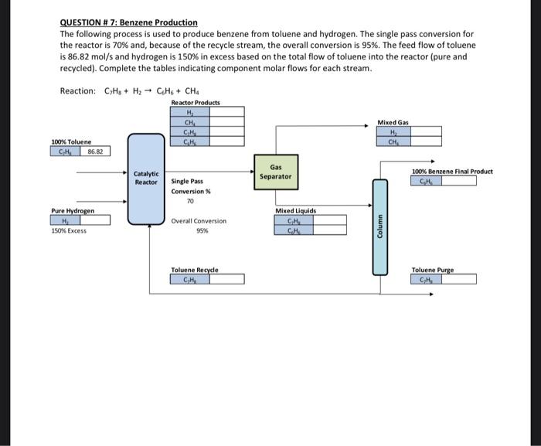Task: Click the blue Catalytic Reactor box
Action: pos(147,177)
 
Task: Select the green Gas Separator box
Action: pos(281,172)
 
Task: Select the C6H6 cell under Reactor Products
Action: pos(189,141)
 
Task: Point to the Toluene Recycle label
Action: pos(195,270)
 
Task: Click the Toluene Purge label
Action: pos(433,270)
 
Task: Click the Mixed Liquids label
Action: pos(295,210)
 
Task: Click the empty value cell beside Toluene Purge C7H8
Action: pos(457,280)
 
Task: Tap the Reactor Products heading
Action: pos(195,103)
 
